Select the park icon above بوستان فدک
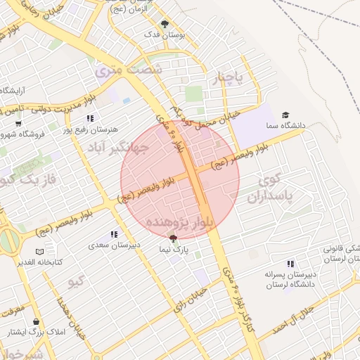click(x=165, y=23)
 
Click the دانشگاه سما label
click(x=286, y=125)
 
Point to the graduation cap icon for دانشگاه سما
click(x=285, y=115)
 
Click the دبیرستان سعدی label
click(x=115, y=245)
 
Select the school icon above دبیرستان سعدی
click(x=114, y=234)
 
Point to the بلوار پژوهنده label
click(x=179, y=224)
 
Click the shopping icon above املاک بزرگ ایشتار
click(x=36, y=321)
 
